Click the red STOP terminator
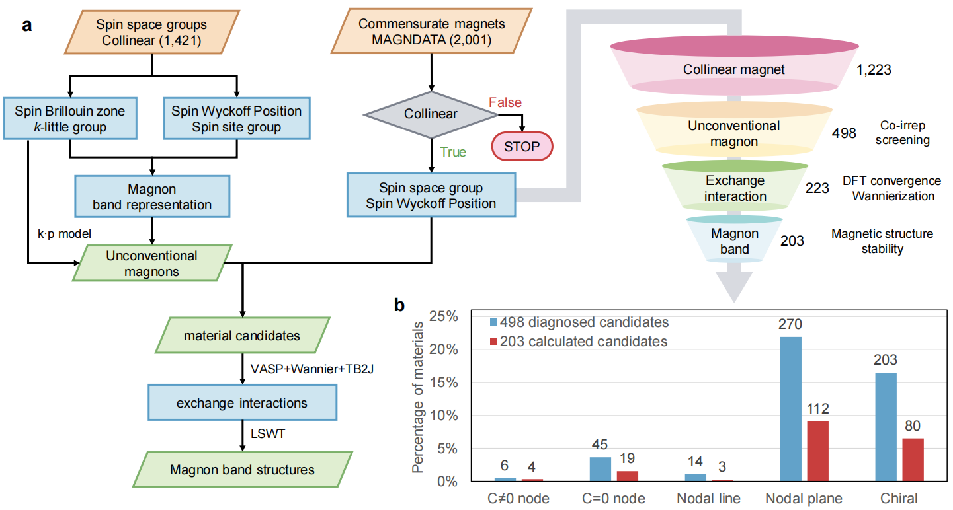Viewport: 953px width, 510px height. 522,147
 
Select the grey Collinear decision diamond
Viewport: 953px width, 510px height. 431,114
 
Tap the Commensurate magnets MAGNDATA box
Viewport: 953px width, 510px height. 431,32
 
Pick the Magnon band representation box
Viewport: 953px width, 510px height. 153,196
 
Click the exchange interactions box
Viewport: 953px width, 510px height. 242,402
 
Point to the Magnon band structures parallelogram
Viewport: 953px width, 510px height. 242,470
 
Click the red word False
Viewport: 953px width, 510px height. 505,102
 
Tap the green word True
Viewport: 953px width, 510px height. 453,153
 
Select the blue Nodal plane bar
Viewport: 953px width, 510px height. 790,409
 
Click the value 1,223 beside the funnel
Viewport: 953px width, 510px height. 874,69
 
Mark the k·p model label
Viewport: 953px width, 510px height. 64,233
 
